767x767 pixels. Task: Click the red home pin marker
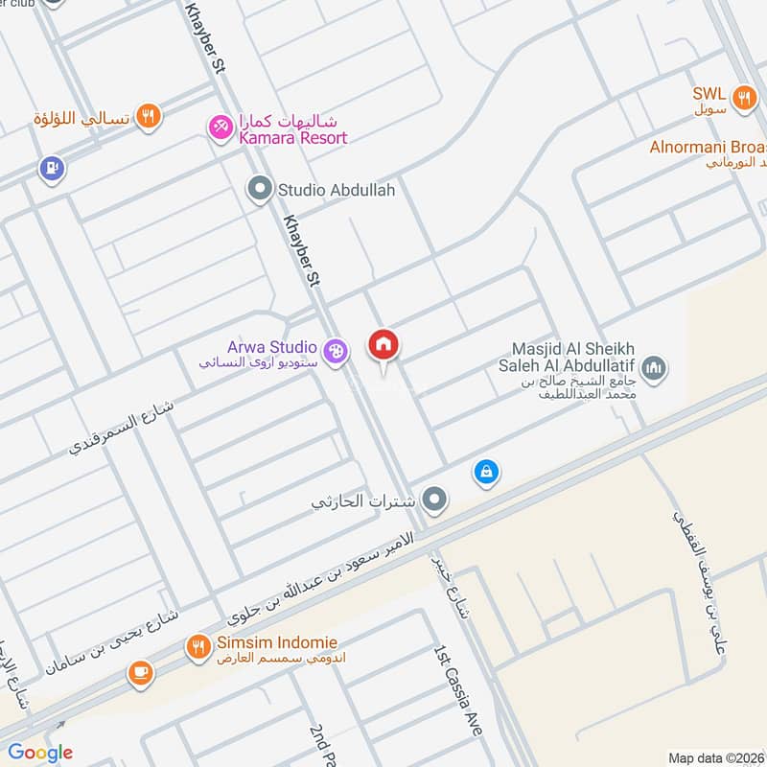click(384, 346)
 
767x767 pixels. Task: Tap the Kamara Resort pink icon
click(221, 126)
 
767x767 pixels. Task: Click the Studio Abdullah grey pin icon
click(258, 190)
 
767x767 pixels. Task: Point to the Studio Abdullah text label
click(336, 191)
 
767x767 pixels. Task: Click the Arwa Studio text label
click(272, 347)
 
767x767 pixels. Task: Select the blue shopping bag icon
click(486, 472)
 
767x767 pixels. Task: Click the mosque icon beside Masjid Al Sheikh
click(655, 366)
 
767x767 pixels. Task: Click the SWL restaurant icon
click(742, 96)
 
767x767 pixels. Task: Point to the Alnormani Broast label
click(708, 148)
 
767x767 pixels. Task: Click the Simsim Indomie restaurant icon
click(199, 647)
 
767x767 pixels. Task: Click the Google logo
click(40, 753)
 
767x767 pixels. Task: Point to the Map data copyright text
click(716, 757)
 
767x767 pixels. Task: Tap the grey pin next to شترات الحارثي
click(435, 499)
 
